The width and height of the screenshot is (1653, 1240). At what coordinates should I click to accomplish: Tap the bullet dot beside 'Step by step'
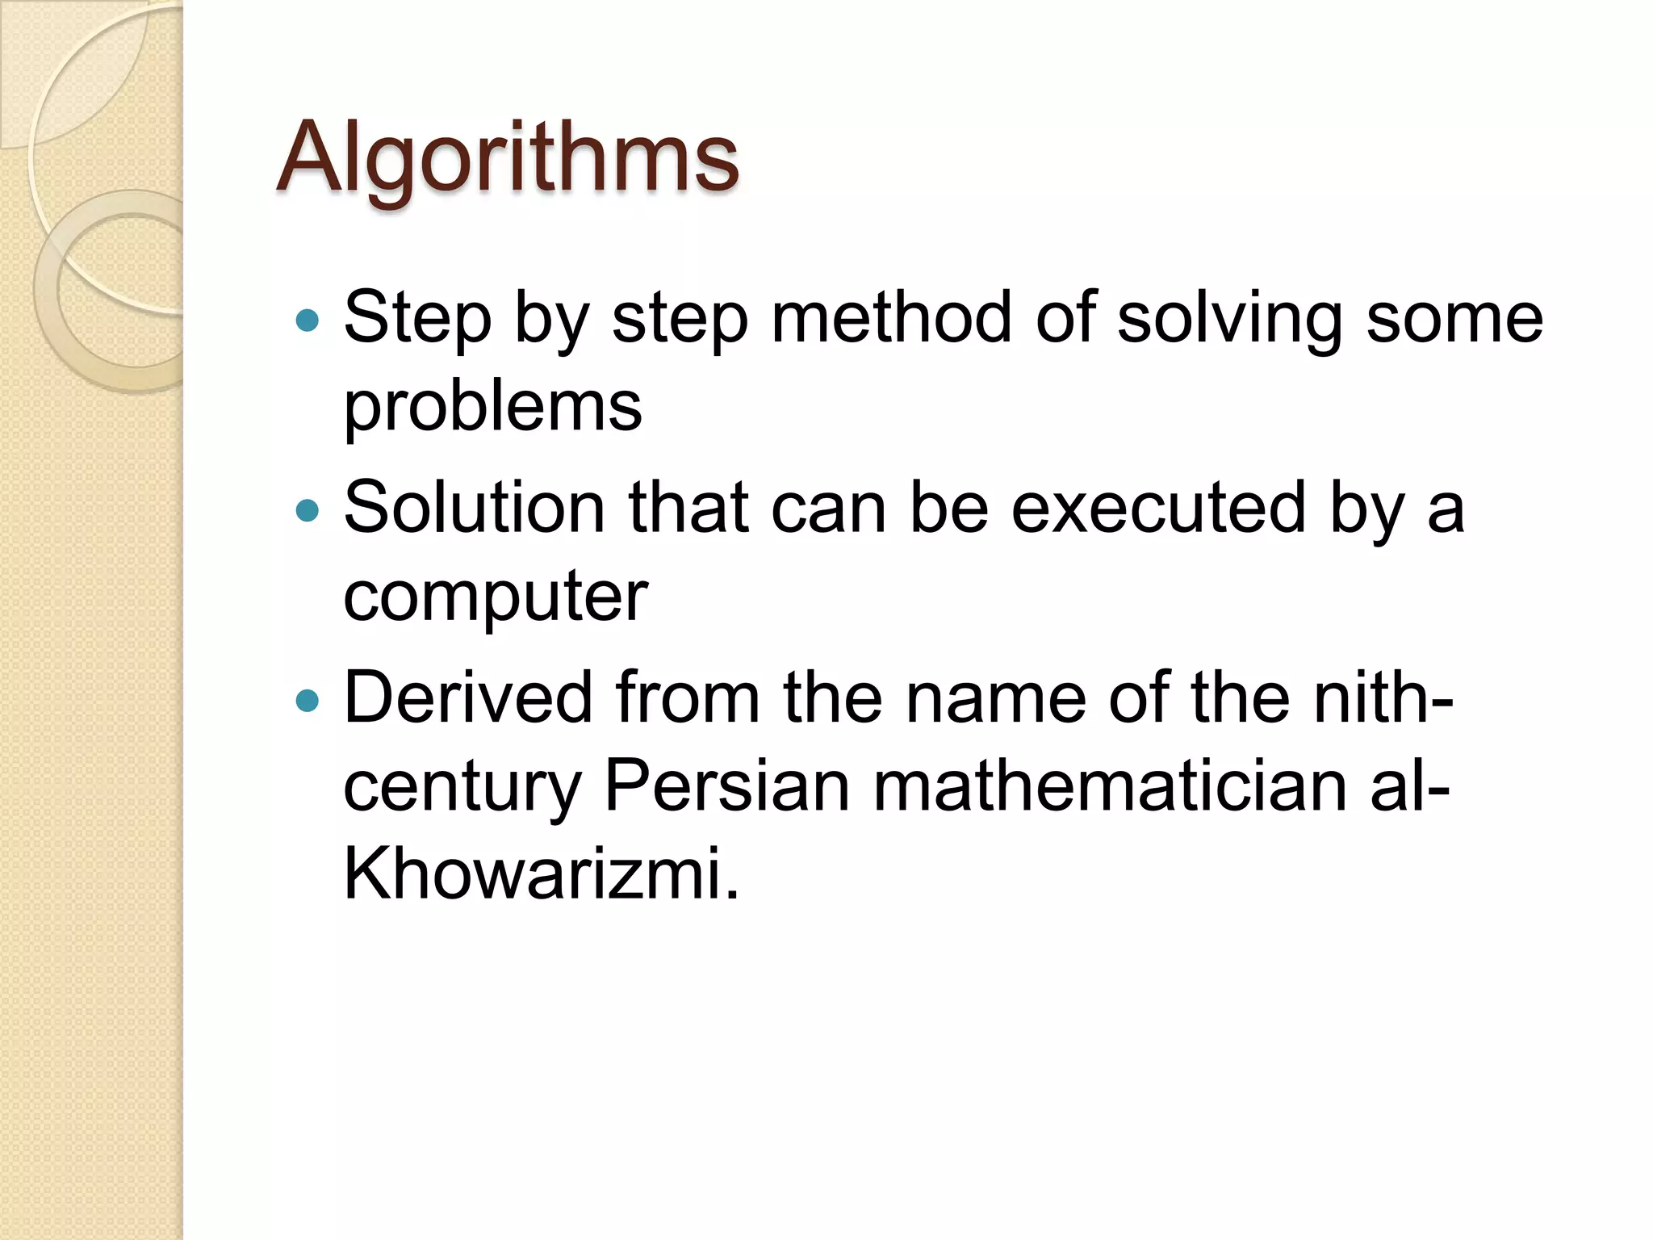(308, 321)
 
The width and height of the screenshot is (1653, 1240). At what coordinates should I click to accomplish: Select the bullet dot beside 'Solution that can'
(308, 511)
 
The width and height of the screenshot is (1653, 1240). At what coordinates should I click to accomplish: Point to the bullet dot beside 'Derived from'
(308, 700)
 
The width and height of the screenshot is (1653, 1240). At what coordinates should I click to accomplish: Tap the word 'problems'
(492, 408)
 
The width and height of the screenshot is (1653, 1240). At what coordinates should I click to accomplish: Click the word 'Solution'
(475, 508)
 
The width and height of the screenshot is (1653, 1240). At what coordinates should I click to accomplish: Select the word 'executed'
(1158, 508)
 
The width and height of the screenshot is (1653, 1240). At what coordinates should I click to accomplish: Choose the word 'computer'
(496, 597)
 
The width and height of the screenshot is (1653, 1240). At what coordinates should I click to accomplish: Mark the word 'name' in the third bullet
(996, 699)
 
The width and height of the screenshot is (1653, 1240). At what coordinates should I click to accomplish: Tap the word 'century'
(462, 788)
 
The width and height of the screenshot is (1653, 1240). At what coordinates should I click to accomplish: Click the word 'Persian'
(727, 786)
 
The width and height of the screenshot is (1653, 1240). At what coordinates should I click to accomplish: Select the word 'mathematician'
(1110, 786)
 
